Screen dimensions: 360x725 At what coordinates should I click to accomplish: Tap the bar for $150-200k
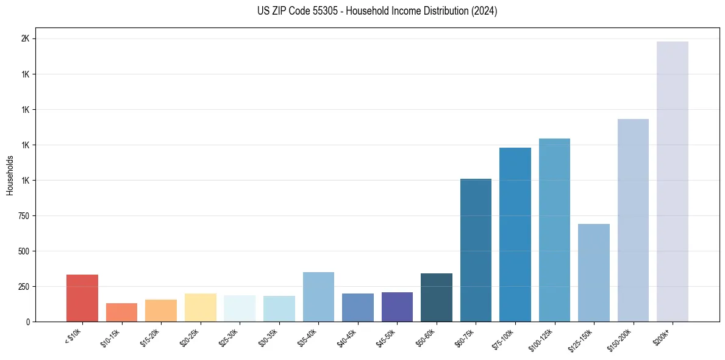tap(633, 220)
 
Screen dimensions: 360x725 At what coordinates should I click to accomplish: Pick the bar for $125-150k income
tap(593, 272)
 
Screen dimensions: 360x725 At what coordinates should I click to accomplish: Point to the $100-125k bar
tap(554, 229)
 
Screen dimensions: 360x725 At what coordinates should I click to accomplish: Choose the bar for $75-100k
tap(515, 234)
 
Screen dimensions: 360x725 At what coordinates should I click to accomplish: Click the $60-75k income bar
tap(476, 250)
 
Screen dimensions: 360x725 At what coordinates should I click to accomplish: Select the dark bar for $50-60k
tap(436, 297)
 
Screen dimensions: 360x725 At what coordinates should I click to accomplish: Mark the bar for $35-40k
tap(318, 297)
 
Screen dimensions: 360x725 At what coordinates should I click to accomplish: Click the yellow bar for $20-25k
tap(200, 307)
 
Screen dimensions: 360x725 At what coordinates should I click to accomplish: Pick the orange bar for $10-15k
tap(121, 312)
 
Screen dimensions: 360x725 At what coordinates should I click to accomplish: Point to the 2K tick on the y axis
tap(25, 39)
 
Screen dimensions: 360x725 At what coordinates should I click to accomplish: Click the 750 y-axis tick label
tap(23, 216)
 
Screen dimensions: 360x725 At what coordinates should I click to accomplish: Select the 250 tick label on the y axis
tap(23, 287)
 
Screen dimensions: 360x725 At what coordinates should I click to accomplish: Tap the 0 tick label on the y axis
tap(27, 322)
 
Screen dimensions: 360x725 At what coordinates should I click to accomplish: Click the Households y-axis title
tap(10, 175)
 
